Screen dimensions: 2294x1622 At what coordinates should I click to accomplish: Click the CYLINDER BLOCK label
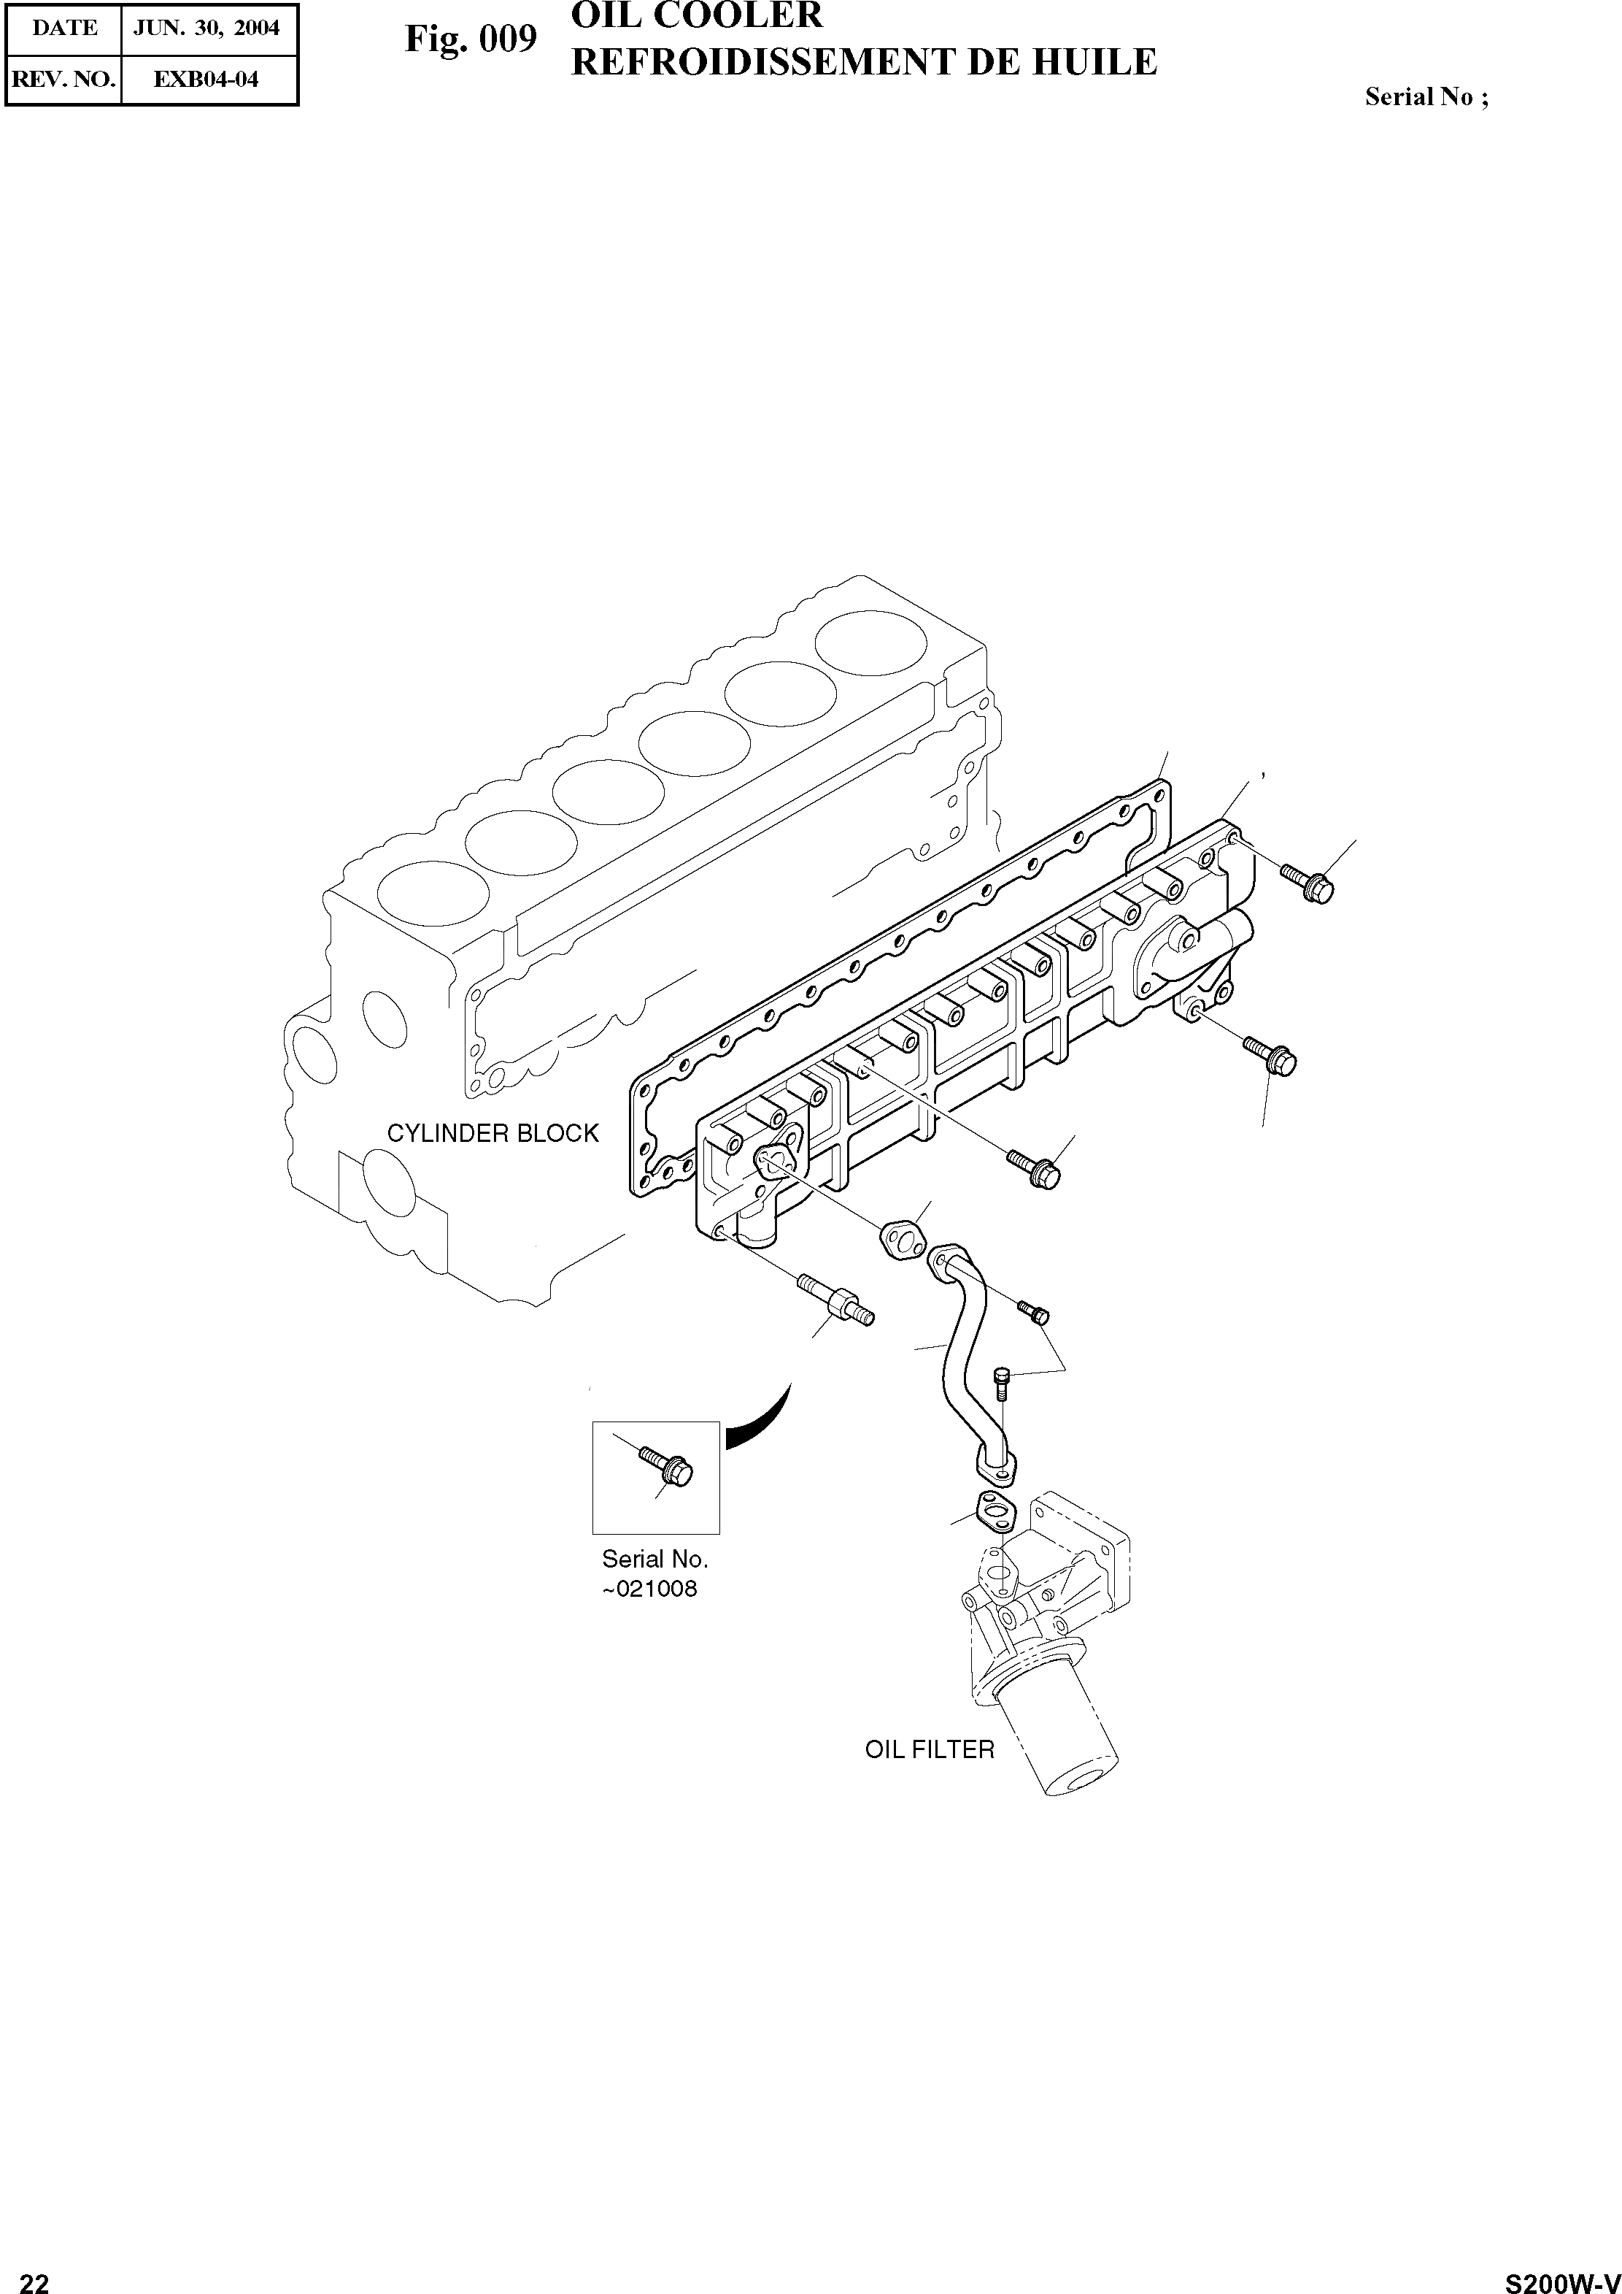(493, 1133)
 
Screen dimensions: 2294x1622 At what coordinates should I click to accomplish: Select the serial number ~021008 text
(649, 1589)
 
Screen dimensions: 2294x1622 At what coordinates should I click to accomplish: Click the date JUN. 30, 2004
(206, 28)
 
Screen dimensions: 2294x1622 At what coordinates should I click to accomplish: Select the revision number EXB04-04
(206, 80)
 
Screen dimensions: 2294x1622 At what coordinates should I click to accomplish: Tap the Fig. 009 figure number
(471, 40)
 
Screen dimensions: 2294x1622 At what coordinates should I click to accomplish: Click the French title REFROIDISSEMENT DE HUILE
(864, 62)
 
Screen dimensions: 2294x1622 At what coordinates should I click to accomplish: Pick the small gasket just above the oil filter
(994, 1513)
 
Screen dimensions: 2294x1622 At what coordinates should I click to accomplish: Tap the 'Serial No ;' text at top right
(1426, 97)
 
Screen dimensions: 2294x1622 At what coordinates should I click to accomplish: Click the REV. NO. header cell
(64, 80)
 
